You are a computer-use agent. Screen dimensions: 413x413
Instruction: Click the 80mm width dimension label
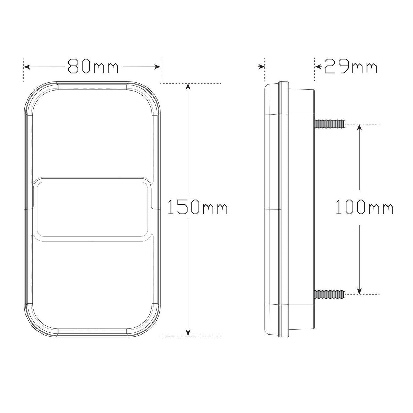[93, 67]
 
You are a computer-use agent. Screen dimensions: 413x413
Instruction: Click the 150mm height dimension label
[198, 207]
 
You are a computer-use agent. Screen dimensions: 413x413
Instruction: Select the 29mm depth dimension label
[350, 67]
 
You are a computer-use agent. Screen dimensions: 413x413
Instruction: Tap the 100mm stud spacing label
[364, 207]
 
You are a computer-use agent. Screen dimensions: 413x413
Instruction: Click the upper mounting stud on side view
[330, 124]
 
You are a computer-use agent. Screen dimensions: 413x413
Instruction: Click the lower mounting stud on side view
[330, 294]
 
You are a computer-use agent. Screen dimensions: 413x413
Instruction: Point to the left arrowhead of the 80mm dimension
[27, 67]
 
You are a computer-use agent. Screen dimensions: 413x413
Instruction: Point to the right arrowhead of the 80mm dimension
[158, 67]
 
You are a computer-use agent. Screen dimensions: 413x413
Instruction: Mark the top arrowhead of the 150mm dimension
[188, 86]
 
